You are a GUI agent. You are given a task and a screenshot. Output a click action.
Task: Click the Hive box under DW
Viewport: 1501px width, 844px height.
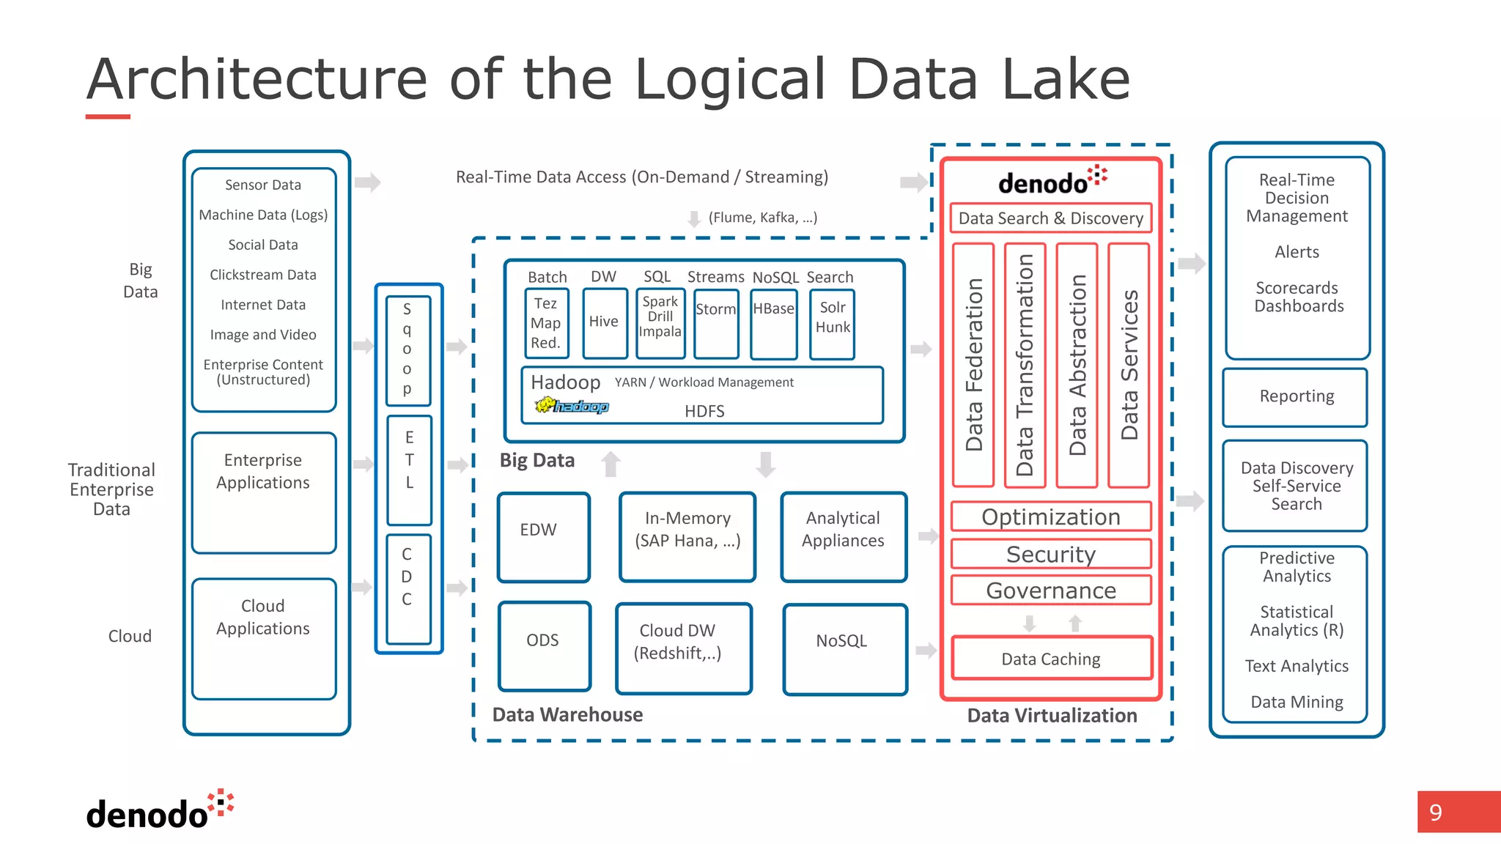605,322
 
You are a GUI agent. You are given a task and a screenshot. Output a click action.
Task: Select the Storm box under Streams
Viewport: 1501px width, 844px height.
716,323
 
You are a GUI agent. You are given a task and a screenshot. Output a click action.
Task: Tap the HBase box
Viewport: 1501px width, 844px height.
774,323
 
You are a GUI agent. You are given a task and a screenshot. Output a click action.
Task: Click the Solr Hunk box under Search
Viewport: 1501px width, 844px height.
833,323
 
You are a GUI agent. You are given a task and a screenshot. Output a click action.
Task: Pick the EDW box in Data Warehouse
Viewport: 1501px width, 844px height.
543,537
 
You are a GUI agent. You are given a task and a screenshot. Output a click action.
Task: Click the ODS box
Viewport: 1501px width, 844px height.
544,645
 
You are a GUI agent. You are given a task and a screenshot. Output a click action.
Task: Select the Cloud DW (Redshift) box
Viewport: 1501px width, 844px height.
683,648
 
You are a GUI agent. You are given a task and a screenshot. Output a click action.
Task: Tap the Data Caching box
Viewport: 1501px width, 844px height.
1051,658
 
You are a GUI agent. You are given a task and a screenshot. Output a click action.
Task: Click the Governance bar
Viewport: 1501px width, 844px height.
1051,590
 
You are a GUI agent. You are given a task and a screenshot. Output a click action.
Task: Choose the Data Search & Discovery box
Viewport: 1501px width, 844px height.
1051,218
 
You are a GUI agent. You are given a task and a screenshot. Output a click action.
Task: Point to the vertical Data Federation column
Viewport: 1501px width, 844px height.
973,365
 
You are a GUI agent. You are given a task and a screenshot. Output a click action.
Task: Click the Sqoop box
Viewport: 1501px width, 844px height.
407,349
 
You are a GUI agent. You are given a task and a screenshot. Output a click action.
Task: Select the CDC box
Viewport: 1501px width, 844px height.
407,588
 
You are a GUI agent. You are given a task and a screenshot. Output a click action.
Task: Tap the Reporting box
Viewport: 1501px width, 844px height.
1295,396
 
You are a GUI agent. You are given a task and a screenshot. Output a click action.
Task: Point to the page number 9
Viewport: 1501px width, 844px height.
1435,812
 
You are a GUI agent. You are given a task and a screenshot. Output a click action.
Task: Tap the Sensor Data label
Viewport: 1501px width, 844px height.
263,185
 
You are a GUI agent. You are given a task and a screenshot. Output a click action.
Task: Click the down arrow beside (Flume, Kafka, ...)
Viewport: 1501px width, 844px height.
693,218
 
